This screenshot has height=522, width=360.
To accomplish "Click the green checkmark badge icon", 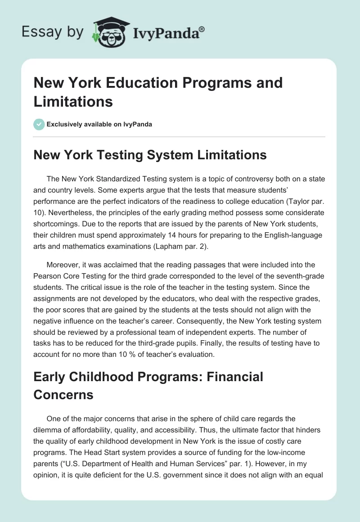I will point(39,124).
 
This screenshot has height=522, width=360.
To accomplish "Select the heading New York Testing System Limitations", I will point(150,155).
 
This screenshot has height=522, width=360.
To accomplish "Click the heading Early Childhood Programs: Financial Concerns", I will point(148,386).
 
